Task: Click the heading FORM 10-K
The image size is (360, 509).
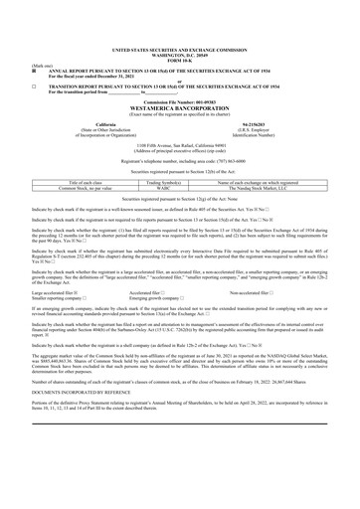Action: click(x=180, y=29)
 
